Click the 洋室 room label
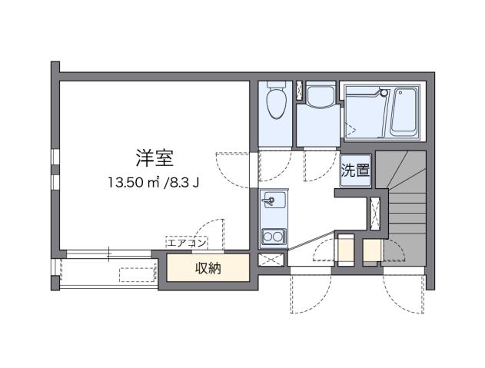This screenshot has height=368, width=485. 154,159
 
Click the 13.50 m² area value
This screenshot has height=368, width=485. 132,182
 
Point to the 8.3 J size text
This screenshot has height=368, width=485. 185,182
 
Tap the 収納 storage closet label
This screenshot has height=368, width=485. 208,268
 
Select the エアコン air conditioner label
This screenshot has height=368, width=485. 187,244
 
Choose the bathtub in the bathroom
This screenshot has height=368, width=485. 404,111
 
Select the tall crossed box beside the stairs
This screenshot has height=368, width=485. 375,214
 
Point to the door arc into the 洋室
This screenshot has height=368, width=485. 234,165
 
